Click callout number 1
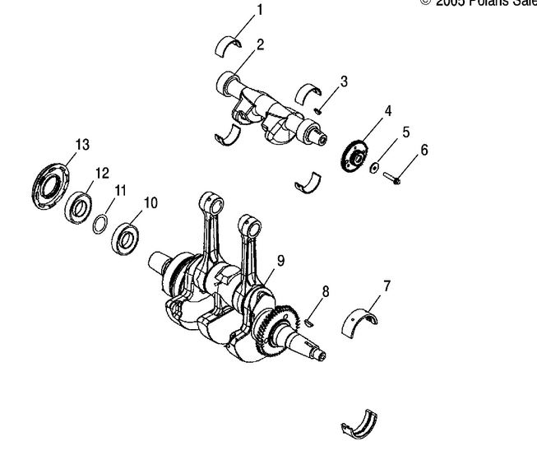pyautogui.click(x=261, y=12)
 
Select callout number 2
pyautogui.click(x=260, y=44)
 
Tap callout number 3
pyautogui.click(x=344, y=81)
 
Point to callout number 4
pyautogui.click(x=387, y=110)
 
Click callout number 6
pyautogui.click(x=424, y=150)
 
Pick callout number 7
pyautogui.click(x=386, y=286)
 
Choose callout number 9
pyautogui.click(x=281, y=261)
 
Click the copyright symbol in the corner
pyautogui.click(x=425, y=3)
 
